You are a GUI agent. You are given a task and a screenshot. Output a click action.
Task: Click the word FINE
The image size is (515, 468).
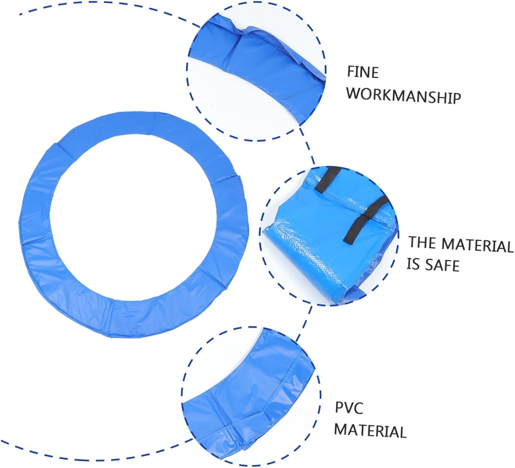[x=363, y=72]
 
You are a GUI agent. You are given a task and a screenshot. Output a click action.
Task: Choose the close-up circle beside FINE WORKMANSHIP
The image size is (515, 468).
[x=256, y=71]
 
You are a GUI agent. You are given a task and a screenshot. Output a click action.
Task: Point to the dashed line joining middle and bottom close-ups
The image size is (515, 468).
[x=304, y=324]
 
